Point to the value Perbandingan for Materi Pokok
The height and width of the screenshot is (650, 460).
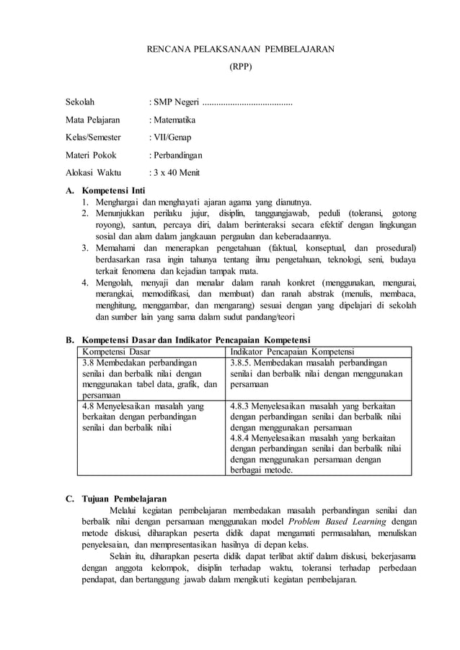[177, 155]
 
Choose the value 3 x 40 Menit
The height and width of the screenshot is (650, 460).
[176, 173]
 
